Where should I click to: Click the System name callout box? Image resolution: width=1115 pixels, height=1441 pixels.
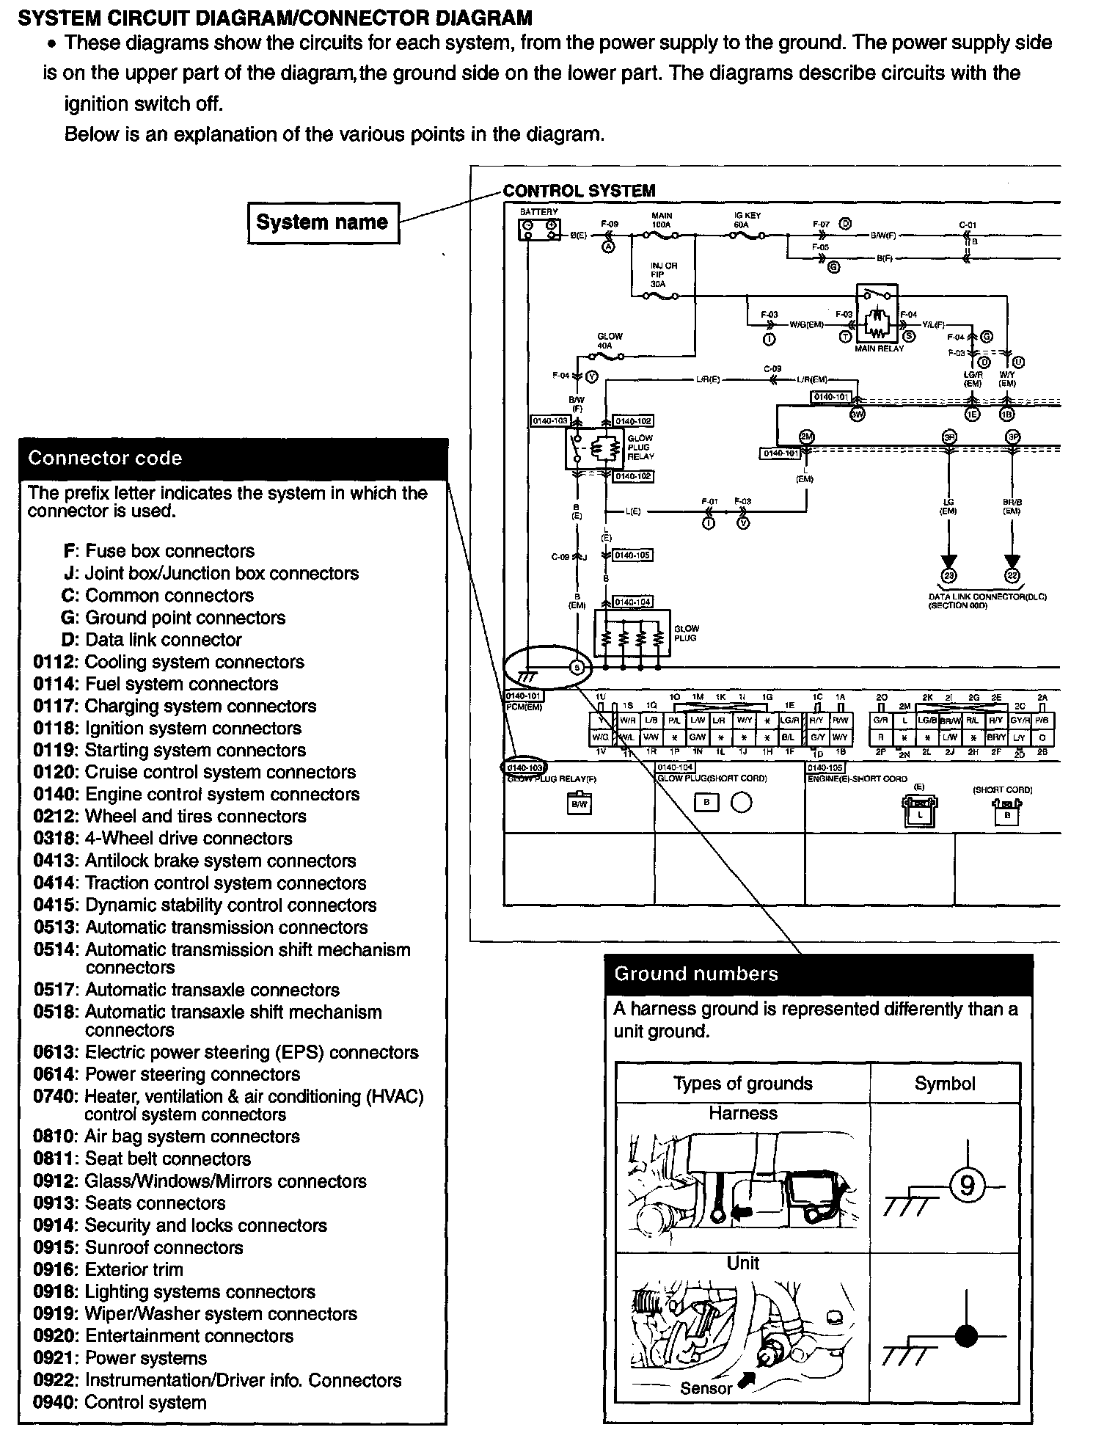click(323, 222)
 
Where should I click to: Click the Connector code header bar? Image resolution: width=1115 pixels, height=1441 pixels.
click(233, 459)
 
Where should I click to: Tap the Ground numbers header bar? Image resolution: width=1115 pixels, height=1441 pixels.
click(818, 974)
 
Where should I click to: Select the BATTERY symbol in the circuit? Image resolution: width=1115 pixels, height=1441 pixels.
click(539, 229)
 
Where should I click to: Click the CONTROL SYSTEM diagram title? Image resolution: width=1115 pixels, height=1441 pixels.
click(579, 191)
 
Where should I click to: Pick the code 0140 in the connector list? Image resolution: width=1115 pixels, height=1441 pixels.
click(55, 794)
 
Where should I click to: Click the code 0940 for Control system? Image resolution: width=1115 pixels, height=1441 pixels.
click(55, 1402)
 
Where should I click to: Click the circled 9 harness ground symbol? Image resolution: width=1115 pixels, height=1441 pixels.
click(966, 1185)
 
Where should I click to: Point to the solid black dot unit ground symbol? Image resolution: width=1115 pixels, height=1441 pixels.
click(966, 1337)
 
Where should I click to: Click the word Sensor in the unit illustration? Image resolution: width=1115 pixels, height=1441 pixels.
click(706, 1388)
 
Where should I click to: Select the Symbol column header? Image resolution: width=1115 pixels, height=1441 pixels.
click(945, 1084)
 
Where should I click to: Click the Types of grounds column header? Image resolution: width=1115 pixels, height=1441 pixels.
click(742, 1084)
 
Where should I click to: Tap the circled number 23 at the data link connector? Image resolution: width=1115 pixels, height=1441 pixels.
click(948, 576)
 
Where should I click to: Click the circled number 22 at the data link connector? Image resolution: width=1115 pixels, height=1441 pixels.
click(1012, 576)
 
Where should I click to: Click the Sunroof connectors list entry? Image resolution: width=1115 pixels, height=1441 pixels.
click(163, 1247)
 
